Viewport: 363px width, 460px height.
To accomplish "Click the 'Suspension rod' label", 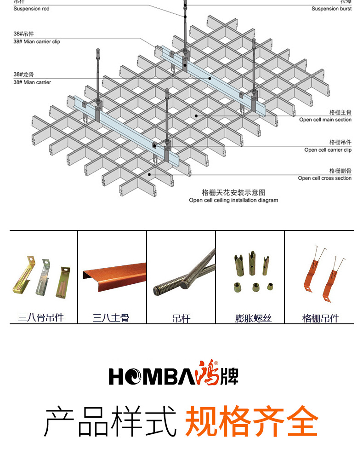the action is (31, 9).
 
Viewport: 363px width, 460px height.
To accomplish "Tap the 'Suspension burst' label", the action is (331, 9).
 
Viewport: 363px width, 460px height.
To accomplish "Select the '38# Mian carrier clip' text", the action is (37, 42).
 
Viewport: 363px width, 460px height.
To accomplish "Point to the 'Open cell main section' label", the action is (325, 120).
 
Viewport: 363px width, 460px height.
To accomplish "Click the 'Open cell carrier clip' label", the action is (328, 150).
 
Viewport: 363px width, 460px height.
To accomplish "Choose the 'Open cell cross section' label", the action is (324, 178).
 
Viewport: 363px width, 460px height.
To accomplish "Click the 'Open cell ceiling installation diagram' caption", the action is (233, 200).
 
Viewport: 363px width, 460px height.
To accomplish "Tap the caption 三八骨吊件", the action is (41, 317).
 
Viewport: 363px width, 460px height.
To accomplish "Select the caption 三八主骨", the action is (111, 317).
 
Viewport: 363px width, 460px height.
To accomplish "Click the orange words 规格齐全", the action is (251, 420).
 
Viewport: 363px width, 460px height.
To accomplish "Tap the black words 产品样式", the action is (110, 420).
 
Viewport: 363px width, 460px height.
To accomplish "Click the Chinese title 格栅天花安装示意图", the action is (233, 192).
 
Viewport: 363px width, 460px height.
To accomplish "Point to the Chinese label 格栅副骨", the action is (340, 171).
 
